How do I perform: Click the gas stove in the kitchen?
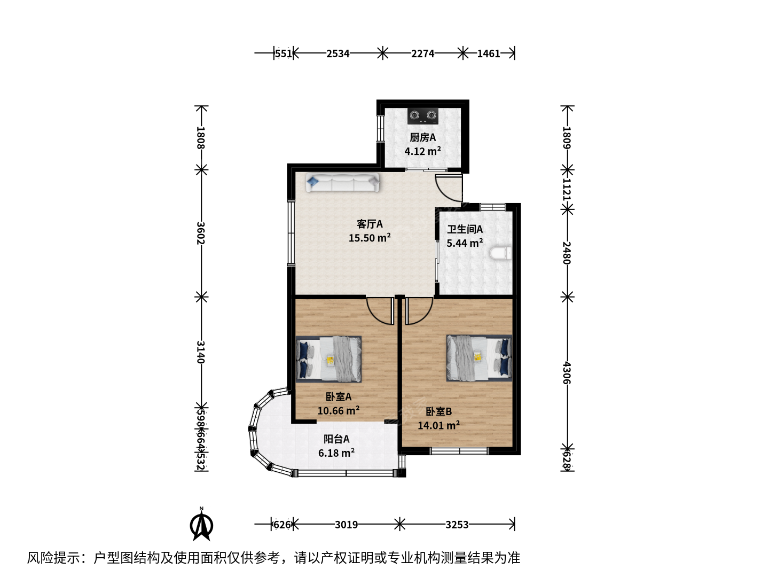423,116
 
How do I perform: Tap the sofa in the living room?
343,182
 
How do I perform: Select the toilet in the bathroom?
501,253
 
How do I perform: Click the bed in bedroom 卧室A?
328,359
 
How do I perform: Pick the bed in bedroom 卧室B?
479,358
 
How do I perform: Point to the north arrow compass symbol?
201,524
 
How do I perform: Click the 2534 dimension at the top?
338,53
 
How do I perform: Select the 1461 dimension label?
489,53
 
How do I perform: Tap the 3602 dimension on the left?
201,233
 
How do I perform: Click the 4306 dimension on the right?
567,373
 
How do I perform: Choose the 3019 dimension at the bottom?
346,525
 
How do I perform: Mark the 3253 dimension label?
457,525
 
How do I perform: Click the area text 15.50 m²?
370,238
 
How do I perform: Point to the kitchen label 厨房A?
423,138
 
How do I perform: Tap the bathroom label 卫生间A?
465,230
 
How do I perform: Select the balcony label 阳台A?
336,439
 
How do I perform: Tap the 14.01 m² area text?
438,425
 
